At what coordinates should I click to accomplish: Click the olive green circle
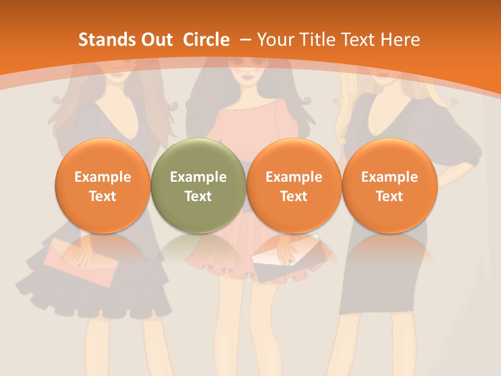[198, 185]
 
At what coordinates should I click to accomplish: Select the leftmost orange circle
[102, 185]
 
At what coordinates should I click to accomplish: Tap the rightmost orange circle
[389, 185]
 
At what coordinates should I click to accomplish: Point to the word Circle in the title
[206, 40]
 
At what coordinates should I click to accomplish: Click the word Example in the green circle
[198, 177]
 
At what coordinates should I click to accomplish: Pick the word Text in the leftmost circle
[102, 196]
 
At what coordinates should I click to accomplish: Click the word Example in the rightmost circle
[389, 177]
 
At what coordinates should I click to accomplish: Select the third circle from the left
[294, 185]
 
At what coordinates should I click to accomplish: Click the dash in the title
[244, 40]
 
